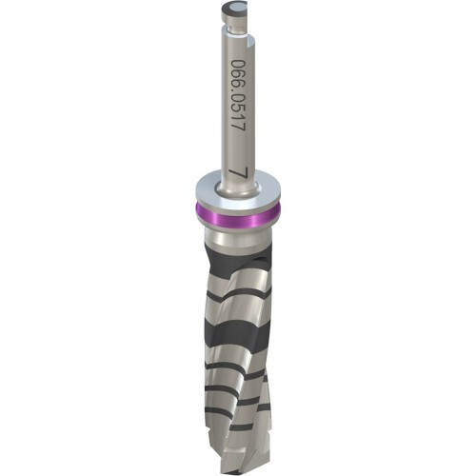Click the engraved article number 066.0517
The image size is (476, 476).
[x=238, y=95]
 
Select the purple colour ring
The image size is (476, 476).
[x=238, y=214]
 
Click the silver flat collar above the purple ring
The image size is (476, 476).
[x=238, y=193]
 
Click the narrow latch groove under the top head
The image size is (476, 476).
[x=236, y=30]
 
